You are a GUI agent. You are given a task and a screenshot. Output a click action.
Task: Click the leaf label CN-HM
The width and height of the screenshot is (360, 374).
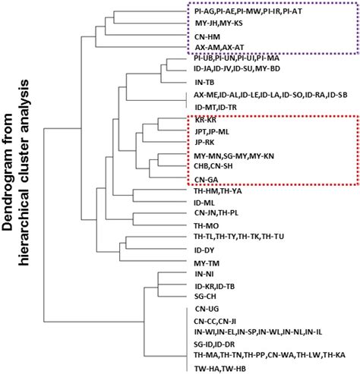pos(209,35)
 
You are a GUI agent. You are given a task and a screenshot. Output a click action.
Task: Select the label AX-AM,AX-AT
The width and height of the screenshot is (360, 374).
pos(221,47)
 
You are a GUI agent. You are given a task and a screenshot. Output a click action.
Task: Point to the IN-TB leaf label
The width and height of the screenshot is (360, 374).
pos(204,81)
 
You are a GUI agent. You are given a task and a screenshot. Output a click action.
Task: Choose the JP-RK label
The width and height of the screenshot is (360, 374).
pos(206,142)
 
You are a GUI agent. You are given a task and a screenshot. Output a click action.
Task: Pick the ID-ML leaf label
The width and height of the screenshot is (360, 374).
pos(206,203)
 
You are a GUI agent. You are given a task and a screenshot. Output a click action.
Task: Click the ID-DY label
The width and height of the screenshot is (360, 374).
pos(205,250)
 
